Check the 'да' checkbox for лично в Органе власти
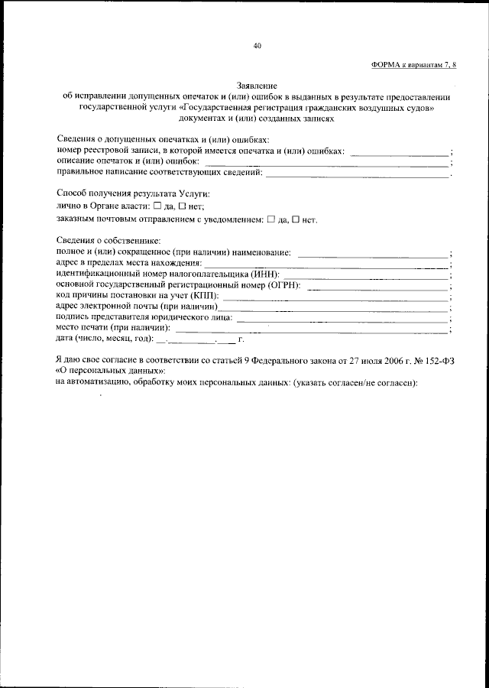157,206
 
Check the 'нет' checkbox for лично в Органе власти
183,206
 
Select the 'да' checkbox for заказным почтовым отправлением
270,219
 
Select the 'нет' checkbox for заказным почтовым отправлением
296,219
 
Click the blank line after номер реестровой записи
398,154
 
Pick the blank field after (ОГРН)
377,287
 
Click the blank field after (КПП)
335,297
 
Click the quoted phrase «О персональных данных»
100,372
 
